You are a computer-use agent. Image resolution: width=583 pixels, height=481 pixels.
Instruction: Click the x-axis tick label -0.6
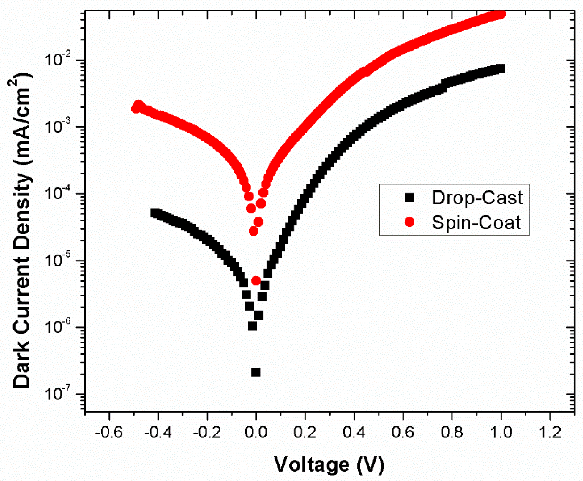[109, 432]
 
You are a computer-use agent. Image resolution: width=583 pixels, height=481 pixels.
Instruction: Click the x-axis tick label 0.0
[256, 432]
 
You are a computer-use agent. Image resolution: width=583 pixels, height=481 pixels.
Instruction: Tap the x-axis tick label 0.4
[354, 432]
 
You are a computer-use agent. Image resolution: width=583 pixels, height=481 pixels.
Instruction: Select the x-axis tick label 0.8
[452, 432]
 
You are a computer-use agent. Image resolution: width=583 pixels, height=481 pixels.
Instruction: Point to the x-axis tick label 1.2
[550, 432]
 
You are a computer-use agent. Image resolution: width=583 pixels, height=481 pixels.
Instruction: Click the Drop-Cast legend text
[477, 198]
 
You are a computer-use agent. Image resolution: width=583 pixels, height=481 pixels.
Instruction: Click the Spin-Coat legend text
[476, 222]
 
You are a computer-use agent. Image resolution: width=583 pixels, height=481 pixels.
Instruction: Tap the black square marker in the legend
[409, 198]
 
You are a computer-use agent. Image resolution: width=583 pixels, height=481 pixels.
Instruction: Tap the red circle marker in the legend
[409, 222]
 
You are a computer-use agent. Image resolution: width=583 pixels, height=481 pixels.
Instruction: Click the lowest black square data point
[256, 372]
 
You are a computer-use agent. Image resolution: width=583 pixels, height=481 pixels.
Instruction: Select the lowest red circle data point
[256, 281]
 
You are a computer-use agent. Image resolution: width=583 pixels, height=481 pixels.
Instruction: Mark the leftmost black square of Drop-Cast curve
[154, 213]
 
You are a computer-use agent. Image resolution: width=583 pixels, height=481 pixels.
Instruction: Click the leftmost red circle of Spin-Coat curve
[135, 108]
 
